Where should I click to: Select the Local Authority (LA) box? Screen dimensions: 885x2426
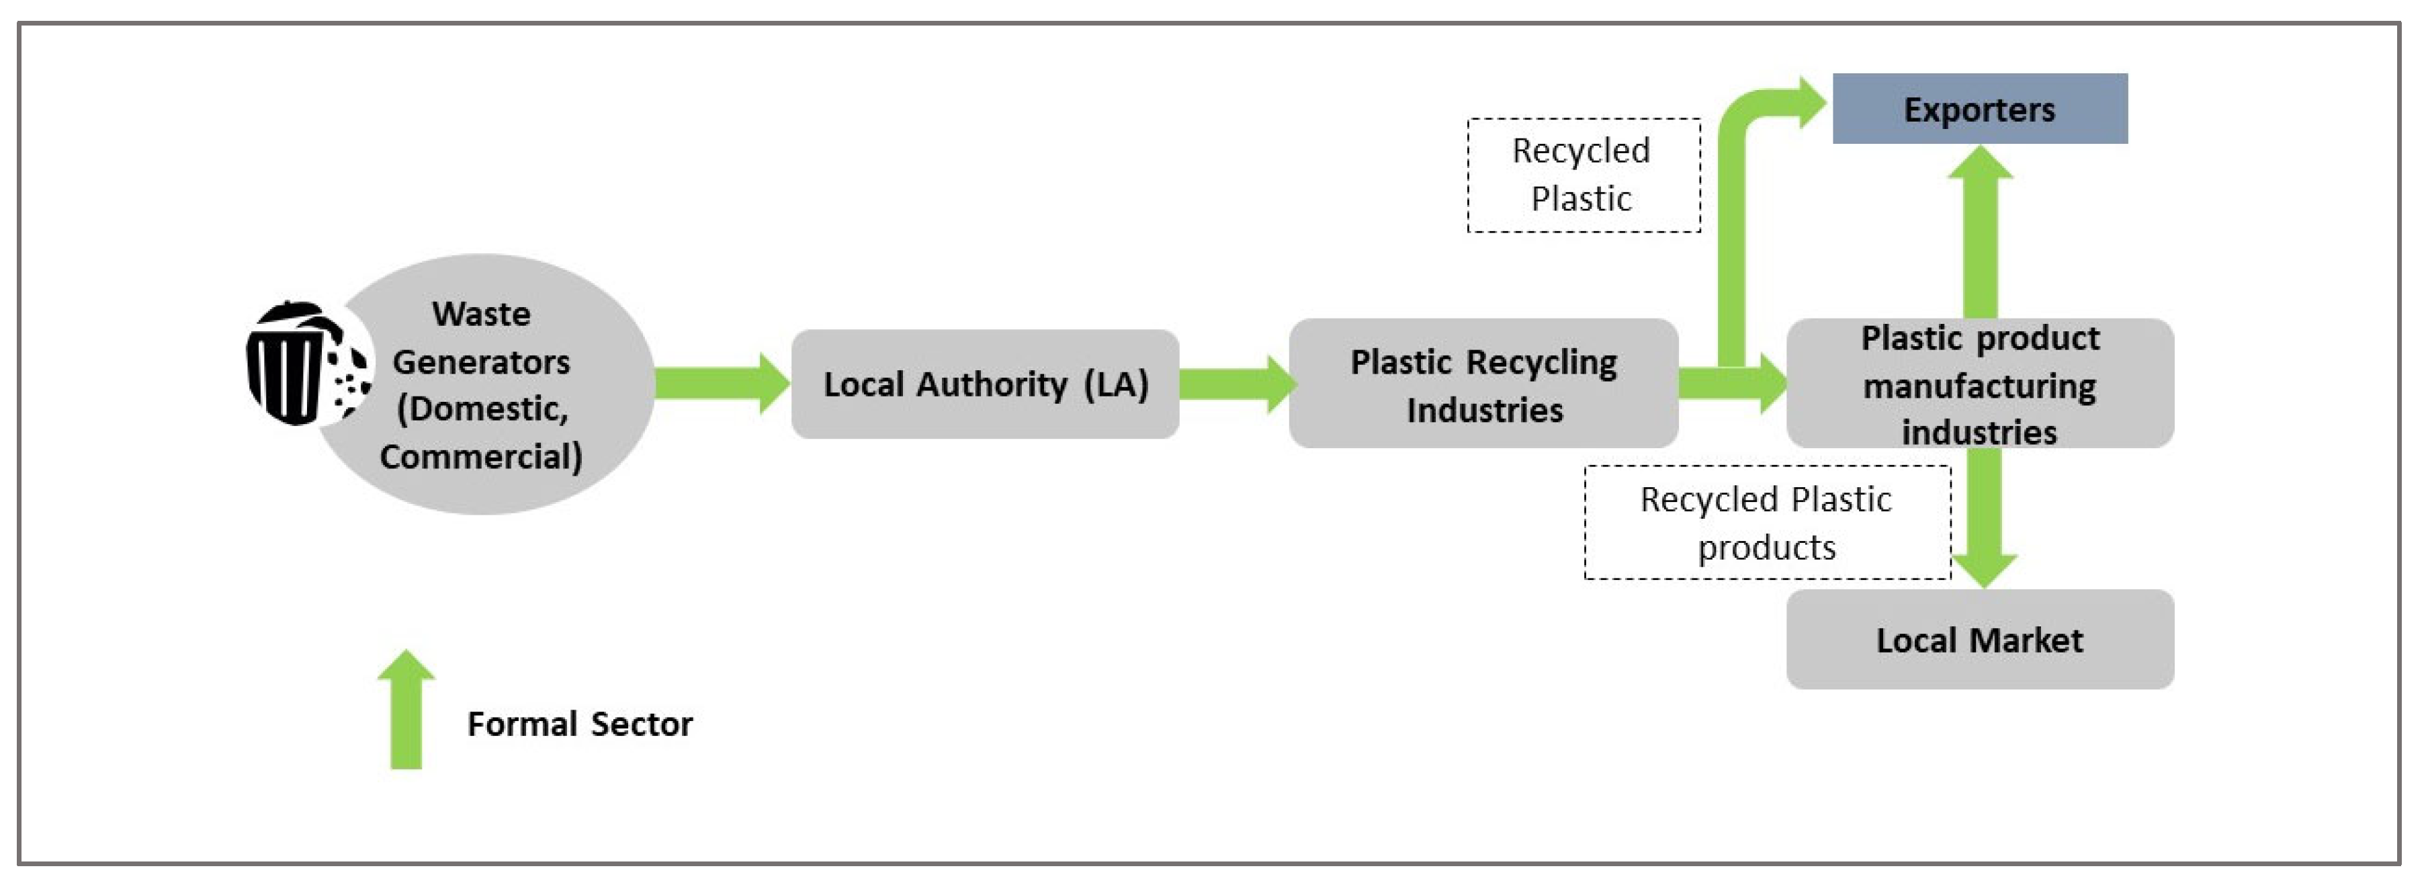pos(985,384)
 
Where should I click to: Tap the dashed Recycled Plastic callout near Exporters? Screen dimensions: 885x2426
pos(1583,175)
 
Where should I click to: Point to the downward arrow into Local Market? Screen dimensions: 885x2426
pos(1983,528)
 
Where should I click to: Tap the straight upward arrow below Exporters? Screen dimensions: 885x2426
pos(1980,235)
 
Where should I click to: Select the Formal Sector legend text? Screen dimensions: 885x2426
pos(579,724)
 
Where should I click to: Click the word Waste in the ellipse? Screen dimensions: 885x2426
pos(481,314)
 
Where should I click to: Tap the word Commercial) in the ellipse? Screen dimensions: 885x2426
pos(481,457)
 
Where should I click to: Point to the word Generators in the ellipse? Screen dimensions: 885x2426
pos(481,362)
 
